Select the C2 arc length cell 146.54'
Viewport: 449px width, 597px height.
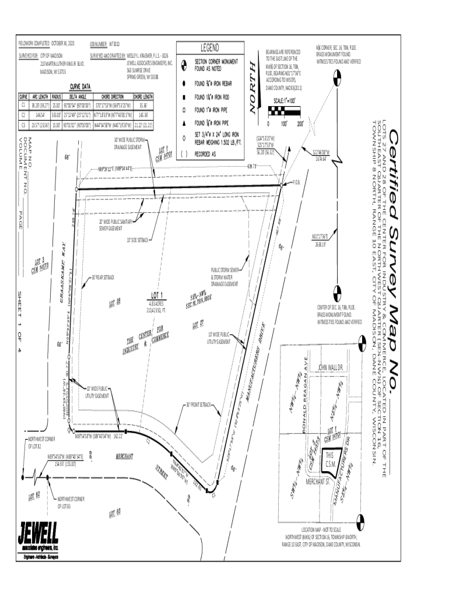click(x=40, y=115)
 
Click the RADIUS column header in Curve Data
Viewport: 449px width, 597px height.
click(x=57, y=97)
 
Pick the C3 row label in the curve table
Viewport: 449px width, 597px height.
click(x=23, y=124)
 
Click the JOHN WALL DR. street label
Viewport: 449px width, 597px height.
click(x=332, y=368)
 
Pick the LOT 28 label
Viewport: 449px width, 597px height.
click(x=115, y=301)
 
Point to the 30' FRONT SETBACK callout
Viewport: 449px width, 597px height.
click(x=198, y=404)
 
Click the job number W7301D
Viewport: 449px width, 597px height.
click(x=114, y=44)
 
